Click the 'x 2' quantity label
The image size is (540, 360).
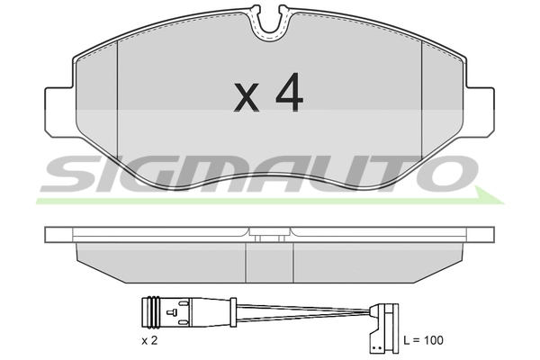pyautogui.click(x=150, y=341)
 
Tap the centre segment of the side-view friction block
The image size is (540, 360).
pyautogui.click(x=269, y=261)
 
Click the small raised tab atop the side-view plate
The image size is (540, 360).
pyautogui.click(x=269, y=238)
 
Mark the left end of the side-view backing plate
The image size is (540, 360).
pyautogui.click(x=49, y=236)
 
